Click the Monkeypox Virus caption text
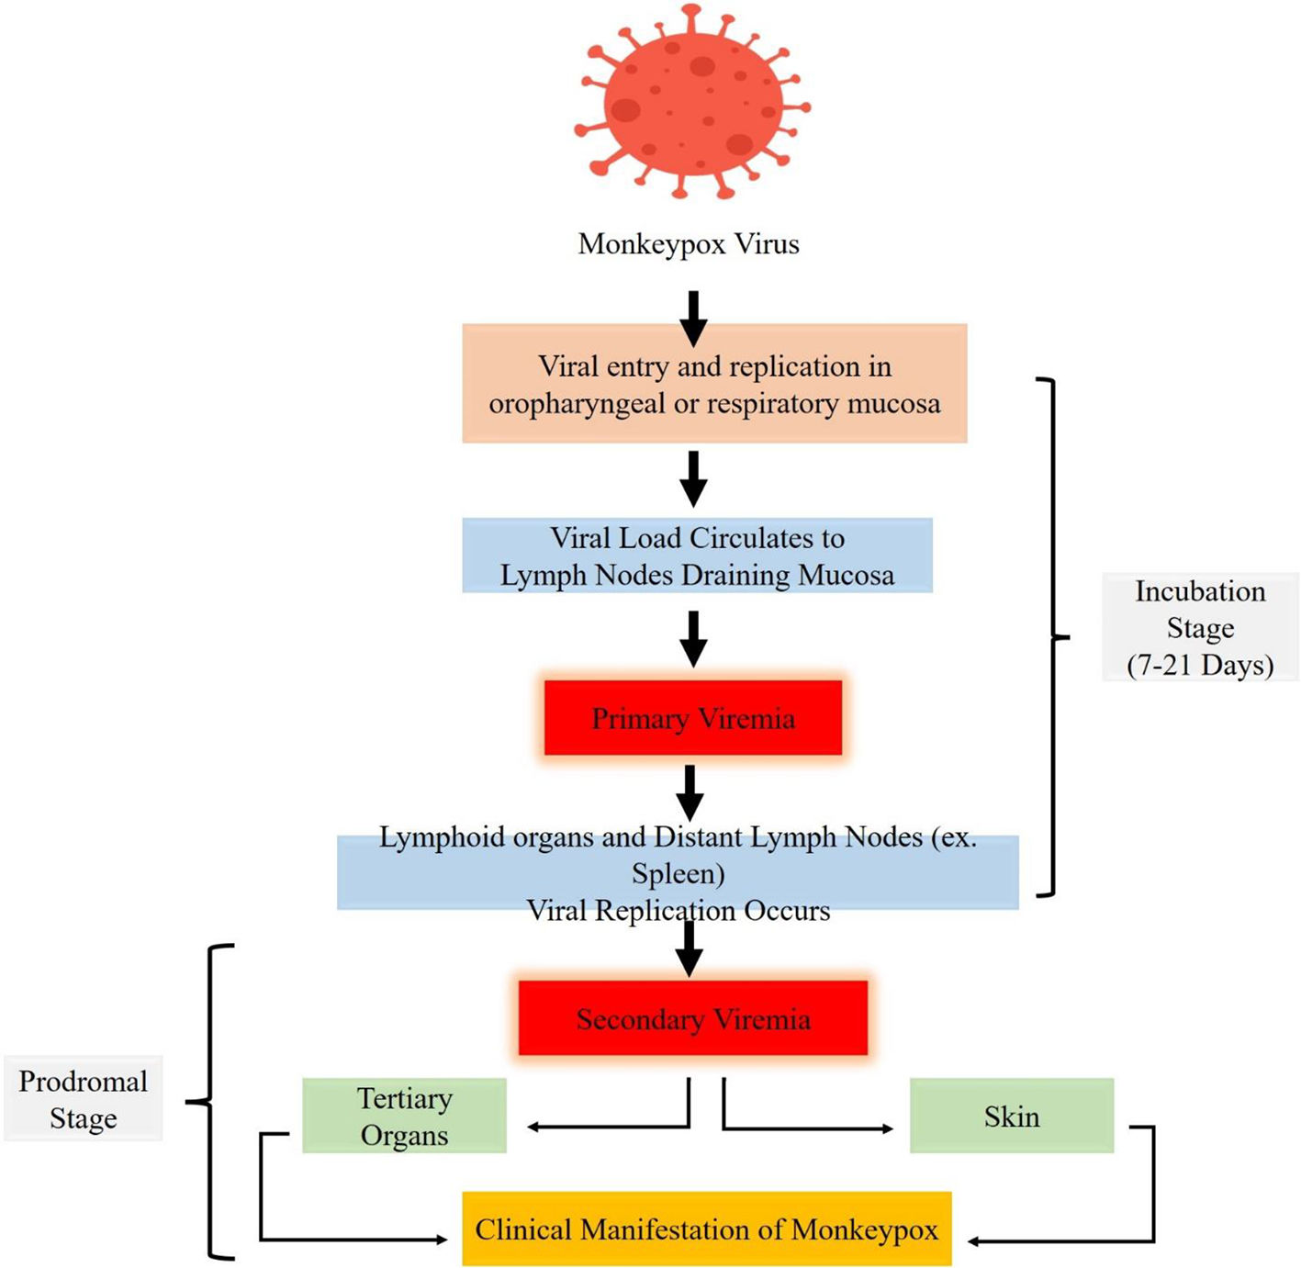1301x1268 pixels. pos(689,244)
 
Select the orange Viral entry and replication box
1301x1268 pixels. pos(714,384)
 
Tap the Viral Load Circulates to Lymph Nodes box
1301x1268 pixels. pos(697,555)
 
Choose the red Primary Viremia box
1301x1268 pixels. pos(693,718)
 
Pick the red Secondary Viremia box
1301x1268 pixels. pos(693,1018)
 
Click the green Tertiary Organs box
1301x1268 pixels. pos(404,1116)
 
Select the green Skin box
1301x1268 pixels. pos(1012,1116)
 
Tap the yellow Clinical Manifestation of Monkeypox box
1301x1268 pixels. pos(706,1229)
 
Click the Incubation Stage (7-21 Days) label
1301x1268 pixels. pos(1200,628)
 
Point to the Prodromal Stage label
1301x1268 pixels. pos(83,1099)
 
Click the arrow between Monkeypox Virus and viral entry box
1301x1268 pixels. pos(694,318)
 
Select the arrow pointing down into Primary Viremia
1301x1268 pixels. pos(694,639)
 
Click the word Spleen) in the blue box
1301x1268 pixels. pos(679,874)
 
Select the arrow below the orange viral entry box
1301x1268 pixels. pos(694,478)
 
